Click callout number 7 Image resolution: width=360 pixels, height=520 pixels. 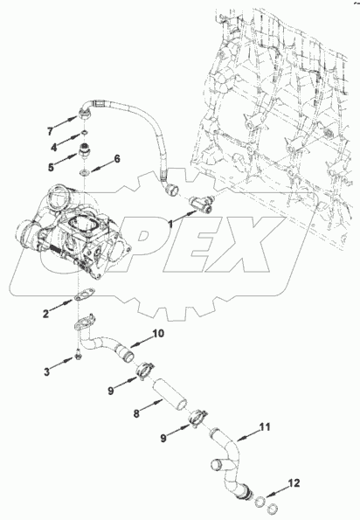(50, 132)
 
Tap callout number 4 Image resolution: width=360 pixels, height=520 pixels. (53, 147)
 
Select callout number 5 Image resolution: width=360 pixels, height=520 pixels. (51, 167)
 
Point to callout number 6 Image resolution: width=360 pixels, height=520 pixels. (117, 159)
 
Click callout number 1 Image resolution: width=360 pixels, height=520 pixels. (170, 225)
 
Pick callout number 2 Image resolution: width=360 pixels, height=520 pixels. (45, 314)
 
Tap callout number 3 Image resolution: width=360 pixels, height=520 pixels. (47, 371)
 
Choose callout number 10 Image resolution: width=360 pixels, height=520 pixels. (158, 333)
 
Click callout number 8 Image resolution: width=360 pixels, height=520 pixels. (136, 414)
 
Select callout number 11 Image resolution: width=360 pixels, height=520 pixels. (265, 426)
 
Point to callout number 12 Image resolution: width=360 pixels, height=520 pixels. (294, 482)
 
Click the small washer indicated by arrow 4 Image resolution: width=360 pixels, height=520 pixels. (85, 133)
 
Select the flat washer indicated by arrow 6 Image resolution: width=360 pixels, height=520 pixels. (84, 172)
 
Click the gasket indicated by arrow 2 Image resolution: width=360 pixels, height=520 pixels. (84, 295)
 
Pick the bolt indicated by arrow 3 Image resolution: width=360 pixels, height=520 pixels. (78, 355)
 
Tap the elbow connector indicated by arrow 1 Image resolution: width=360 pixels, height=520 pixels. (201, 204)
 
